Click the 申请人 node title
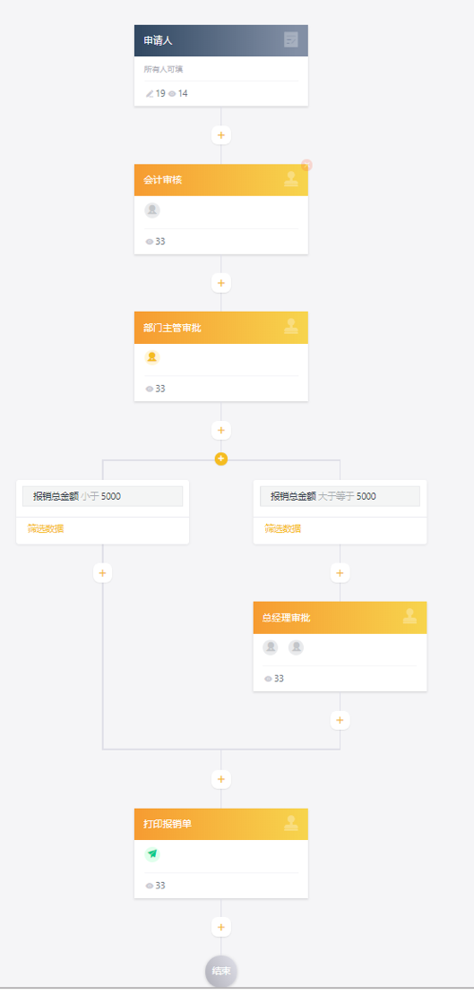pyautogui.click(x=158, y=40)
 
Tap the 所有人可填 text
pyautogui.click(x=163, y=69)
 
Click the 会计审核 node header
pyautogui.click(x=220, y=180)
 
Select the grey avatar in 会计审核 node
pyautogui.click(x=152, y=210)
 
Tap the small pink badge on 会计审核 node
pyautogui.click(x=306, y=165)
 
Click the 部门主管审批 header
pyautogui.click(x=220, y=328)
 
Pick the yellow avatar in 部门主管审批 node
pyautogui.click(x=152, y=357)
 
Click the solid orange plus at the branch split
pyautogui.click(x=220, y=458)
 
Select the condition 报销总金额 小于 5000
pyautogui.click(x=103, y=496)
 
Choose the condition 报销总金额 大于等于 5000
pyautogui.click(x=340, y=496)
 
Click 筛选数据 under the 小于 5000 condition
pyautogui.click(x=46, y=528)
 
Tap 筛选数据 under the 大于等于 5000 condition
pyautogui.click(x=283, y=528)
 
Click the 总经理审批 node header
pyautogui.click(x=340, y=618)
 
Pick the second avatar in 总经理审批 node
pyautogui.click(x=297, y=647)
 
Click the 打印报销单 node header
pyautogui.click(x=220, y=824)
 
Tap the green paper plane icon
pyautogui.click(x=152, y=854)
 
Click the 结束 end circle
pyautogui.click(x=220, y=972)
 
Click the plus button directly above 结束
pyautogui.click(x=220, y=928)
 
